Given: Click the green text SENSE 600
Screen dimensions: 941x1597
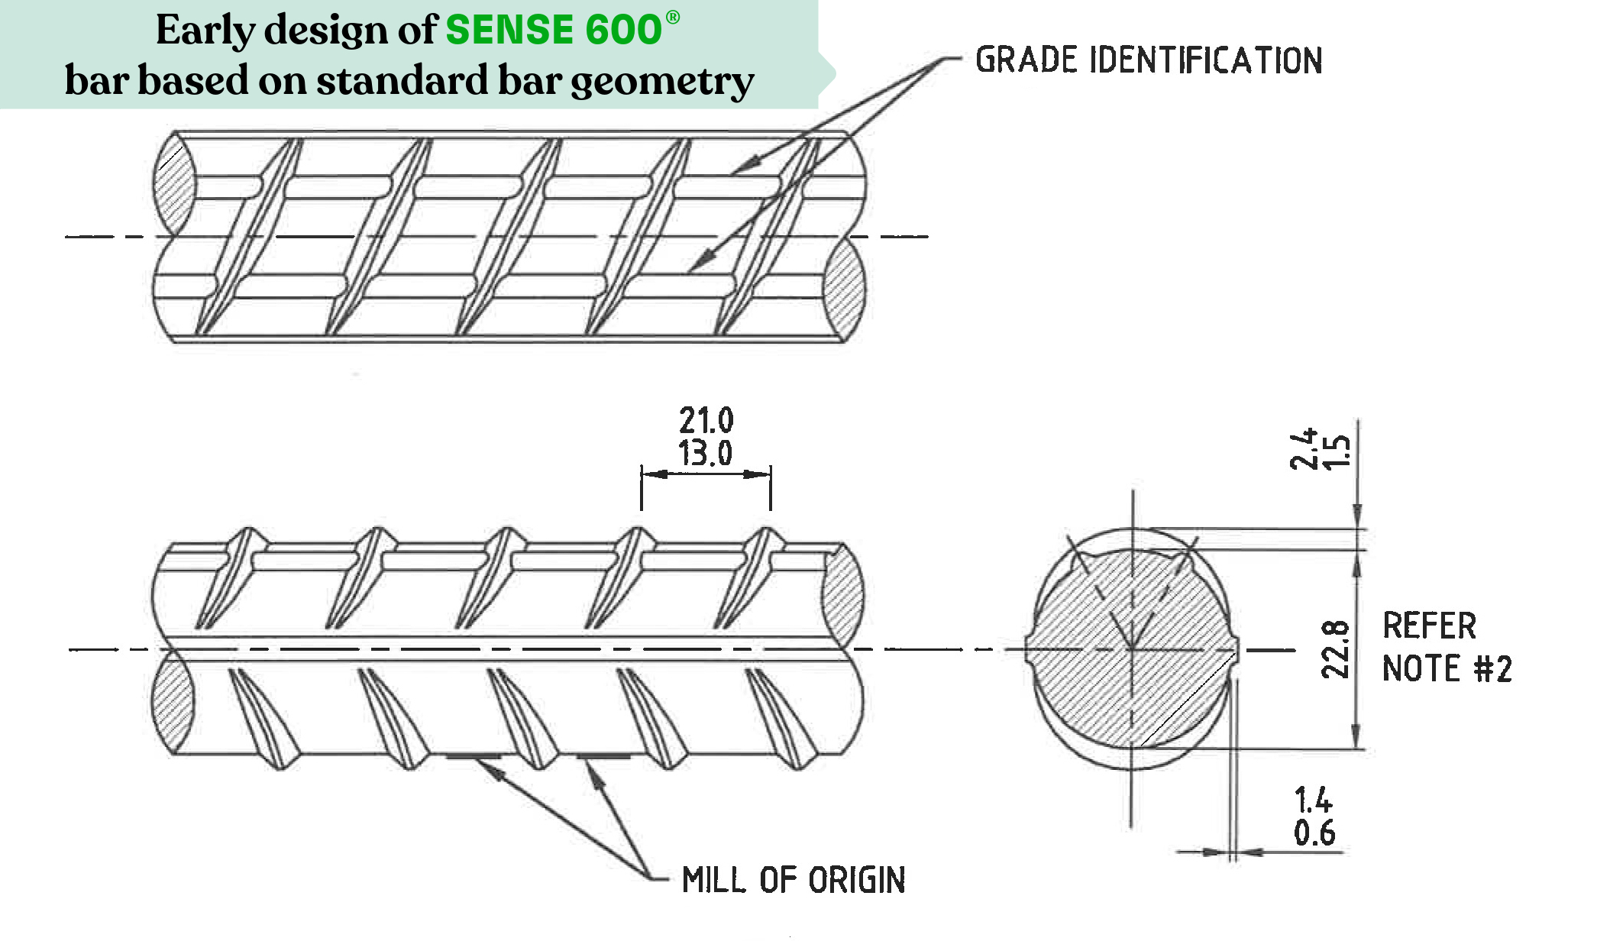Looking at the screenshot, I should click(x=553, y=31).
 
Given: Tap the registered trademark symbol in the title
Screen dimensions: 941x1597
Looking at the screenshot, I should click(x=672, y=18).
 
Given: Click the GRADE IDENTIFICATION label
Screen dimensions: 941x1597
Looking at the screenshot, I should click(x=1148, y=60).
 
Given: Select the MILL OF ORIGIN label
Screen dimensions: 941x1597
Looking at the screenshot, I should click(x=794, y=880).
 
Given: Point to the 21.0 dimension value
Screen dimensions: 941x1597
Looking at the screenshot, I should click(x=706, y=420).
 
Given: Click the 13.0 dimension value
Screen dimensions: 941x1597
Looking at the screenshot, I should click(x=706, y=453).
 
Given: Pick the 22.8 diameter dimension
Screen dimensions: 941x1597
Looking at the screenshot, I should click(x=1335, y=649).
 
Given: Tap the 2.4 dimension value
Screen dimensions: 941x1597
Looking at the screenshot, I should click(x=1303, y=448).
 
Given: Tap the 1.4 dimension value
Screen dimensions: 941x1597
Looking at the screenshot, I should click(x=1314, y=800).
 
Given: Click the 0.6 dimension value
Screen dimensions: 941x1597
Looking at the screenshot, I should click(x=1314, y=833).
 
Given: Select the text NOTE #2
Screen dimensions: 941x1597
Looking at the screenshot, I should click(x=1447, y=669).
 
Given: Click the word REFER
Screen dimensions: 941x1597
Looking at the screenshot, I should click(x=1429, y=626).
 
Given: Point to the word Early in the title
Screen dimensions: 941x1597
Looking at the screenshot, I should click(x=205, y=31).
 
